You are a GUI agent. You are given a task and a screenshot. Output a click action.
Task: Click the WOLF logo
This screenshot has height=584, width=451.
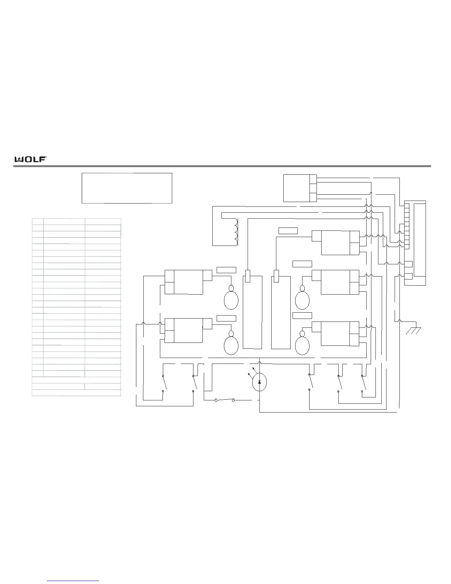pyautogui.click(x=30, y=159)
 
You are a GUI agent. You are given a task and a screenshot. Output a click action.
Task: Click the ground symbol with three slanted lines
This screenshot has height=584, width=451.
pyautogui.click(x=413, y=331)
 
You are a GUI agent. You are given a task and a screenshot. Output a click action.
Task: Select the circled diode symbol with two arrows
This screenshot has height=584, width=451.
pyautogui.click(x=259, y=382)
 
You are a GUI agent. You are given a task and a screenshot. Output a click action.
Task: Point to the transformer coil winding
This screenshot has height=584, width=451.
pyautogui.click(x=234, y=232)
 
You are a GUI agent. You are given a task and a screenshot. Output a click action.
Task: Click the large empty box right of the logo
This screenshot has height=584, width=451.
pyautogui.click(x=127, y=188)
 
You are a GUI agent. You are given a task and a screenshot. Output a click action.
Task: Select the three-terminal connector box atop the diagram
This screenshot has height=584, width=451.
pyautogui.click(x=300, y=188)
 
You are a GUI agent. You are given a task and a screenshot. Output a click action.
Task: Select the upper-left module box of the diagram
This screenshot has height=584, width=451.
pyautogui.click(x=188, y=281)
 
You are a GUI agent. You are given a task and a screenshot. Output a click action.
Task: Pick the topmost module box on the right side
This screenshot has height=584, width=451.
pyautogui.click(x=335, y=242)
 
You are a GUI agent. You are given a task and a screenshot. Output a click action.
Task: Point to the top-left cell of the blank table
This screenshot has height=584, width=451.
pyautogui.click(x=38, y=222)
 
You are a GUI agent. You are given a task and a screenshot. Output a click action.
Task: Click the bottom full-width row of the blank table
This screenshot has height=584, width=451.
pyautogui.click(x=76, y=393)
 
